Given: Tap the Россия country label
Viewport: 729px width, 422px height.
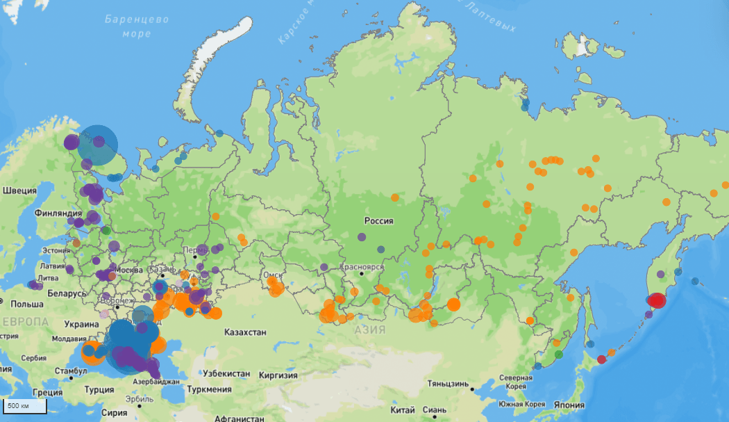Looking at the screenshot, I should pyautogui.click(x=378, y=221).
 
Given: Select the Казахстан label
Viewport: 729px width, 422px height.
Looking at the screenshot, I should pyautogui.click(x=245, y=332).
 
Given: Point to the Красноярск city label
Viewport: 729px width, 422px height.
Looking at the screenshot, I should pyautogui.click(x=362, y=267).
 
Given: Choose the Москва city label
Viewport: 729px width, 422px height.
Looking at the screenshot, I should pyautogui.click(x=128, y=270).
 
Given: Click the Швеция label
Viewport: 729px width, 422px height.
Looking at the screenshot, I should pyautogui.click(x=19, y=190).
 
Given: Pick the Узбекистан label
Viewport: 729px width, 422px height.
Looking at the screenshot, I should pyautogui.click(x=221, y=373).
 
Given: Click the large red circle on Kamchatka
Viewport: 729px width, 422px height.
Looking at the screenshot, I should pyautogui.click(x=656, y=300).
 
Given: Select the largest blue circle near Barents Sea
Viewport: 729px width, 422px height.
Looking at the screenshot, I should pyautogui.click(x=98, y=145).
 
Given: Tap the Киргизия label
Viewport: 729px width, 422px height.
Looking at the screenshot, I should pyautogui.click(x=278, y=375).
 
